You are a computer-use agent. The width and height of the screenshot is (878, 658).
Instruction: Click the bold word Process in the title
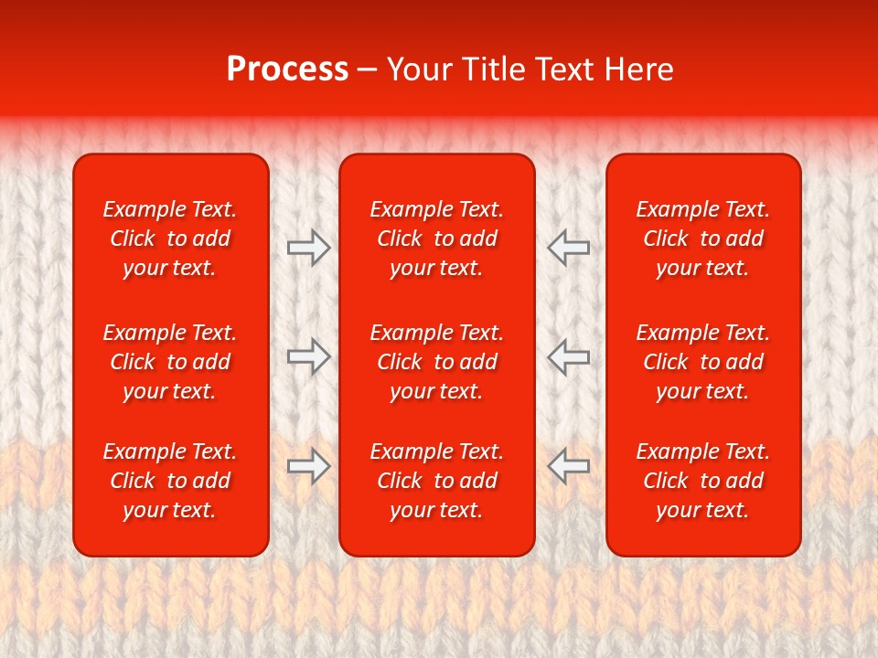coord(287,69)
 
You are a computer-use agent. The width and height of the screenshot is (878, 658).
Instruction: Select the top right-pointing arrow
coord(308,248)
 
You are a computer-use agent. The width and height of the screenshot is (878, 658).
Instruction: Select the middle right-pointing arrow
coord(308,356)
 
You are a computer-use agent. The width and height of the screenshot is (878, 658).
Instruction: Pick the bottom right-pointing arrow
coord(308,466)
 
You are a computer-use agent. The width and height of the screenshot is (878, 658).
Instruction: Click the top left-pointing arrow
coord(569,248)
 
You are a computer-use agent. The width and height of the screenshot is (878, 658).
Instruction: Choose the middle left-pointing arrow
coord(569,356)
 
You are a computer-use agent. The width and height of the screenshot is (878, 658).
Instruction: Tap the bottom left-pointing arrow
coord(569,466)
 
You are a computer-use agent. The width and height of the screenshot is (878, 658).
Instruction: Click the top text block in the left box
coord(170,239)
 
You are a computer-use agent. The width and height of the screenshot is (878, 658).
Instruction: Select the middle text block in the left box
coord(170,362)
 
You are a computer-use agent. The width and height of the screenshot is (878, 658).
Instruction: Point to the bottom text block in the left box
coord(170,481)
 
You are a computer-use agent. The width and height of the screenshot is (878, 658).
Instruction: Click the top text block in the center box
coord(436,239)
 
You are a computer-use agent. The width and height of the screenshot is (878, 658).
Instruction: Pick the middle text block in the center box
coord(436,362)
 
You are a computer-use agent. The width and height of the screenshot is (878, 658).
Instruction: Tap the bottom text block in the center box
coord(436,481)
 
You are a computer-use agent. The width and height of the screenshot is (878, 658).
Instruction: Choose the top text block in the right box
coord(702,239)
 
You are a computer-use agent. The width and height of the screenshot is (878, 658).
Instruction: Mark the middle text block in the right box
coord(702,362)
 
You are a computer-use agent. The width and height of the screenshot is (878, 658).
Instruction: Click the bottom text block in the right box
coord(702,481)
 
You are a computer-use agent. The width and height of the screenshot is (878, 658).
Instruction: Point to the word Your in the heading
coord(420,69)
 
